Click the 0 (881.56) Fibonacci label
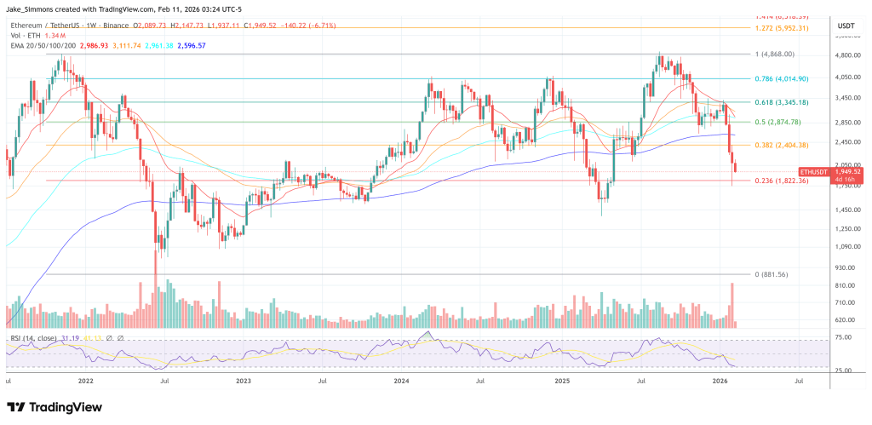click(782, 274)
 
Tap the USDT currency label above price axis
click(845, 26)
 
